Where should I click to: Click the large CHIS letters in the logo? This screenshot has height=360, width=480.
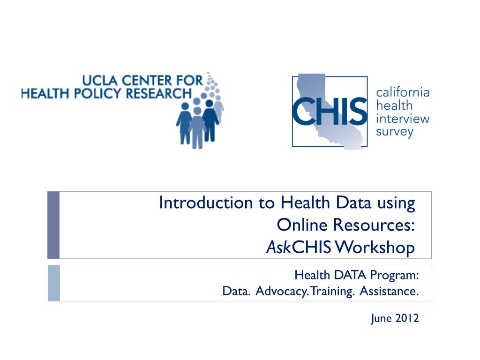click(x=330, y=111)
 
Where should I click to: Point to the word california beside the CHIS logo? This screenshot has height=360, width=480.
click(x=403, y=92)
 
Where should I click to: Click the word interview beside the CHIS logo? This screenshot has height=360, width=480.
click(x=403, y=119)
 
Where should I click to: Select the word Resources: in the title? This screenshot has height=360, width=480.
click(x=374, y=225)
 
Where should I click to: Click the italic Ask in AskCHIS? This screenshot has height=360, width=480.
click(x=278, y=247)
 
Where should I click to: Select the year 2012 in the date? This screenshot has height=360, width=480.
click(x=407, y=318)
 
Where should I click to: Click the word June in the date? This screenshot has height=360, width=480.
click(x=381, y=319)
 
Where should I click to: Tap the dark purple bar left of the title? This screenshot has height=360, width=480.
click(x=53, y=225)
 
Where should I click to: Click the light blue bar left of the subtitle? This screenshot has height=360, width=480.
click(x=54, y=283)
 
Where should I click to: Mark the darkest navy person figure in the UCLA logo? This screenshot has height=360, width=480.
click(x=210, y=120)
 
